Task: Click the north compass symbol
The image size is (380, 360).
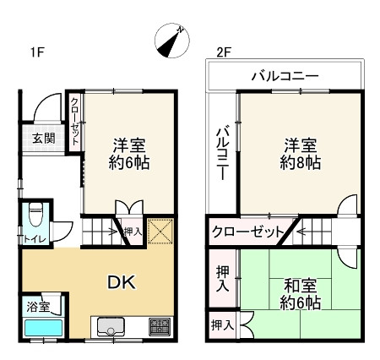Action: click(x=171, y=40)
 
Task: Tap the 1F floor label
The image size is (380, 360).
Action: click(x=36, y=52)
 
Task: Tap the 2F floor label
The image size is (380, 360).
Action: click(x=223, y=52)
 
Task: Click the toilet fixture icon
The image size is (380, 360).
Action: click(x=35, y=214)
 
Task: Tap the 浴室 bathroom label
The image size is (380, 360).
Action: click(x=37, y=306)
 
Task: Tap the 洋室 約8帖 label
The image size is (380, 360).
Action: click(x=299, y=152)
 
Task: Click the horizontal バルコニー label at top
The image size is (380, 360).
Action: click(x=285, y=76)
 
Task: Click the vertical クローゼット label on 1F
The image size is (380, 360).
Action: click(x=74, y=123)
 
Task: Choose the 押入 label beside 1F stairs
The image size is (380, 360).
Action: click(x=133, y=231)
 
